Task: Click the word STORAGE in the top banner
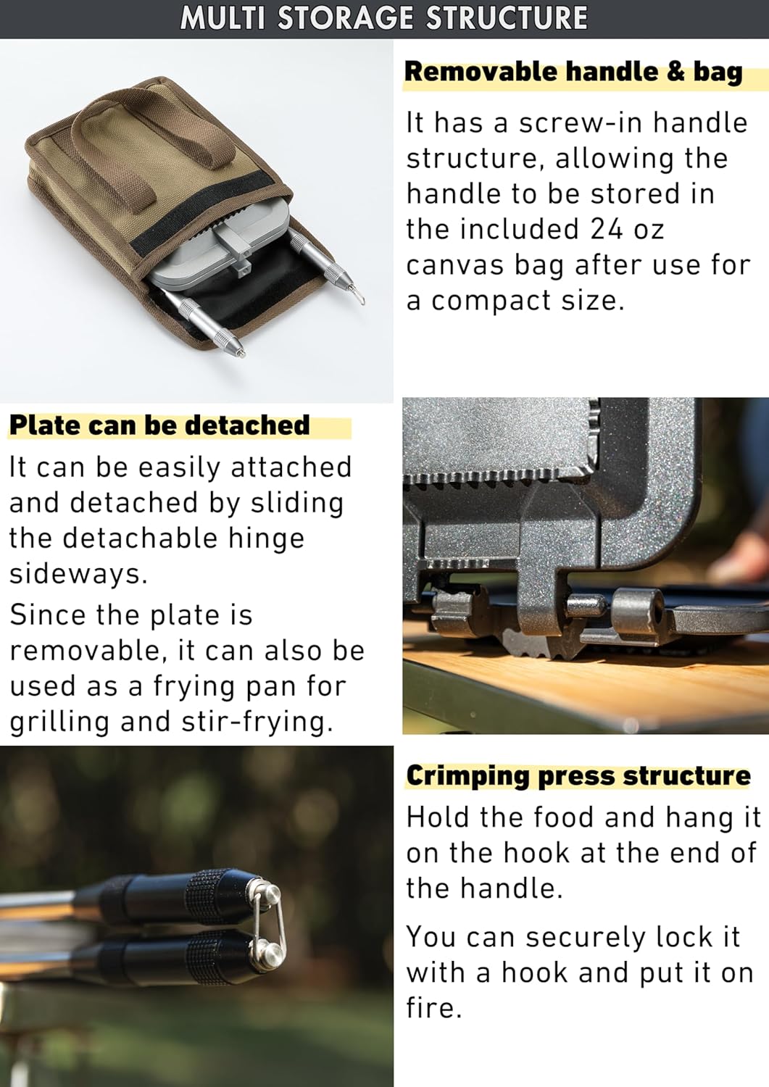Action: point(346,18)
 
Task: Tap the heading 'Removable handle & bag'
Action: point(574,72)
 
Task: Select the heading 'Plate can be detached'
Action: point(159,425)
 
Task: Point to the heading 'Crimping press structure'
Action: point(578,775)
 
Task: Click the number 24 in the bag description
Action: point(607,229)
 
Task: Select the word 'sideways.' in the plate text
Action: point(78,574)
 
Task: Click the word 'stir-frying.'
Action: point(258,722)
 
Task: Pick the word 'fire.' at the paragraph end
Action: point(433,1009)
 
